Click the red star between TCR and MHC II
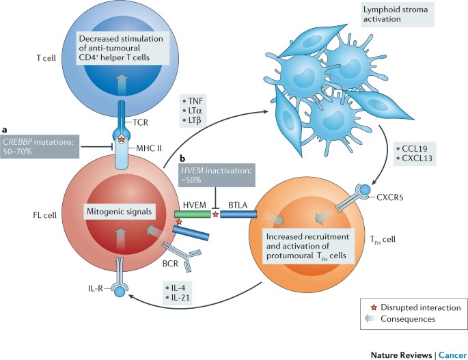click(122, 139)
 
